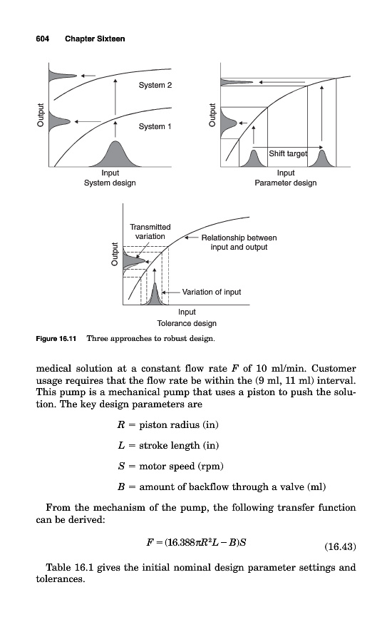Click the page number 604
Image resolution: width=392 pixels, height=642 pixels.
tap(43, 39)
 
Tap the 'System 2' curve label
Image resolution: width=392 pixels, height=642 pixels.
tap(155, 85)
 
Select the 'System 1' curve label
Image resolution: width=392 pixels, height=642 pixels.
tap(155, 126)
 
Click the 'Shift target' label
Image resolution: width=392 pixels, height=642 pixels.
tap(288, 153)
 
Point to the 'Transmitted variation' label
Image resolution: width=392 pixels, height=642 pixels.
tap(150, 232)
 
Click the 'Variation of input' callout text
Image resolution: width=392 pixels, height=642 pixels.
tap(212, 292)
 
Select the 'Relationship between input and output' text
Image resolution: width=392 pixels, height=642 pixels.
tap(239, 243)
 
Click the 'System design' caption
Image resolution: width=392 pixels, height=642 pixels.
tap(110, 183)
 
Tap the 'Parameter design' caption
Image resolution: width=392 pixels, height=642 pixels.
tap(286, 183)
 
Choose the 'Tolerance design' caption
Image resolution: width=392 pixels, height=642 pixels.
tap(187, 323)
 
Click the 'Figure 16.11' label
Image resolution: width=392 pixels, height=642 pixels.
tap(56, 339)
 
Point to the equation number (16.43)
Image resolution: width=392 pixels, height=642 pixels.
tap(340, 546)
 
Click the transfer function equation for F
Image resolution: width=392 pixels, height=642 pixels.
tap(197, 543)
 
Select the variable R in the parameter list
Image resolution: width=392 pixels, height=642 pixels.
tap(120, 424)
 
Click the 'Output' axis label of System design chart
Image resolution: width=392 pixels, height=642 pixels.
tap(40, 115)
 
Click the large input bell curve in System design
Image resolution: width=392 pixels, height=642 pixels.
tap(115, 154)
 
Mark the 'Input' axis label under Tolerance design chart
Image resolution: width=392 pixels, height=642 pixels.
tap(187, 312)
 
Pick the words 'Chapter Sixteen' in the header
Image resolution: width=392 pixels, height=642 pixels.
tap(95, 39)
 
